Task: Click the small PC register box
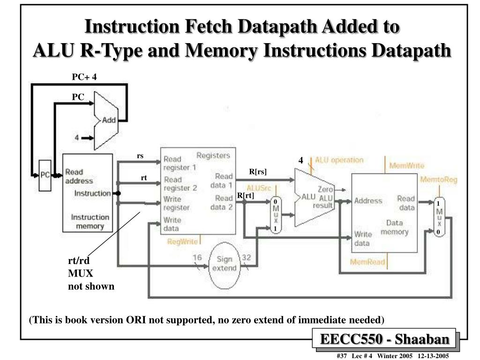tap(45, 175)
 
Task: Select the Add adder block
tap(106, 120)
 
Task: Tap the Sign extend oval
tap(224, 264)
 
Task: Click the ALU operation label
tap(339, 160)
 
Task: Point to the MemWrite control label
tap(406, 166)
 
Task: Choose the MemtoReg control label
tap(438, 180)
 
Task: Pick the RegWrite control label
tap(182, 242)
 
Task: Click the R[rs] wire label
tap(258, 172)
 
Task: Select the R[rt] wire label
tap(245, 195)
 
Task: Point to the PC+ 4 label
tap(84, 77)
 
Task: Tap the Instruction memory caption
tap(90, 222)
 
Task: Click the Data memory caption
tap(394, 227)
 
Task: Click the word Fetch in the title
tap(210, 27)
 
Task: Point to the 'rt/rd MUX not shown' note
tap(91, 274)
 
